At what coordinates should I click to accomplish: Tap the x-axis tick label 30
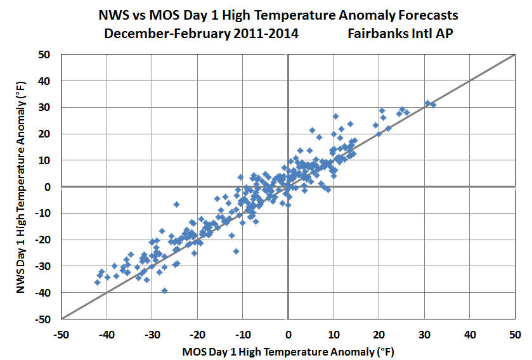click(424, 333)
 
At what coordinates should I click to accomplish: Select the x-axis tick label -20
click(197, 333)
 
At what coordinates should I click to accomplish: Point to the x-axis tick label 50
click(515, 333)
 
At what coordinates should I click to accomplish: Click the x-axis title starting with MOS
click(288, 350)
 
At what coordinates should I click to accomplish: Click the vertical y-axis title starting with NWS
click(20, 186)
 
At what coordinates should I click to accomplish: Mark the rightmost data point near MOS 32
click(433, 105)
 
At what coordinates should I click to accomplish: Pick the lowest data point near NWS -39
click(164, 290)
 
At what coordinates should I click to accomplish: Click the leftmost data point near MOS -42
click(98, 282)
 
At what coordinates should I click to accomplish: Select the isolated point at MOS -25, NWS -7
click(176, 204)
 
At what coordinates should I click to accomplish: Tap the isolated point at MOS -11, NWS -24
click(237, 251)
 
